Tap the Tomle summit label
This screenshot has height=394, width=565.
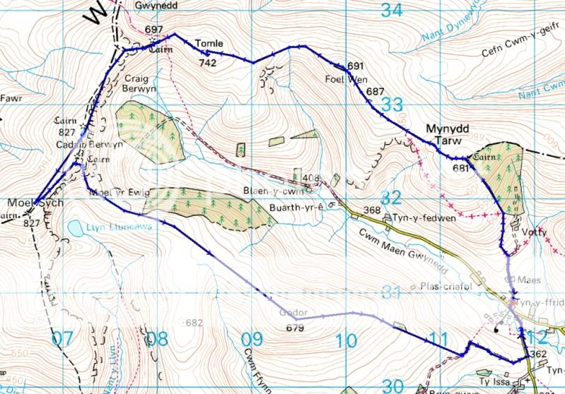[x=209, y=44]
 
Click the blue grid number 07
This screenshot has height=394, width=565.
[x=62, y=340]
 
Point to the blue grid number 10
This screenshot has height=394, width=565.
[x=346, y=342]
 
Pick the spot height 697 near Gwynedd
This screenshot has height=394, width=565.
[x=153, y=30]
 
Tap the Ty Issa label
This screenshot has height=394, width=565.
[x=495, y=379]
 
